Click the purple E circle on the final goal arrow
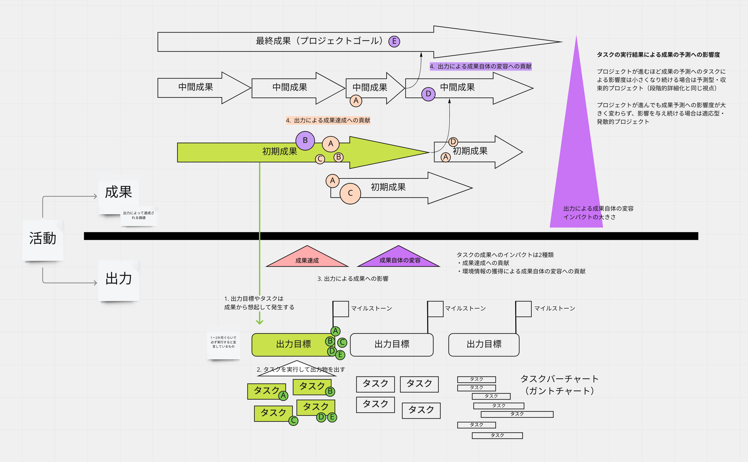[x=394, y=41]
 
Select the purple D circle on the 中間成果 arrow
[x=428, y=94]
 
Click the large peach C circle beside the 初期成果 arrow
[x=350, y=193]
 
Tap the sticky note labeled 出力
[x=119, y=280]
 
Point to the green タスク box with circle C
[x=273, y=413]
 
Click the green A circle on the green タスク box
[x=283, y=396]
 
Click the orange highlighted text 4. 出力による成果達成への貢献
[x=328, y=120]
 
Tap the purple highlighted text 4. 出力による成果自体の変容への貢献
[x=480, y=66]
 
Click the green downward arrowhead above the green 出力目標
[x=260, y=322]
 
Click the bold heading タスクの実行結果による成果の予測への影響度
[x=658, y=55]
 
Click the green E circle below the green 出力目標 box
[x=340, y=355]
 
